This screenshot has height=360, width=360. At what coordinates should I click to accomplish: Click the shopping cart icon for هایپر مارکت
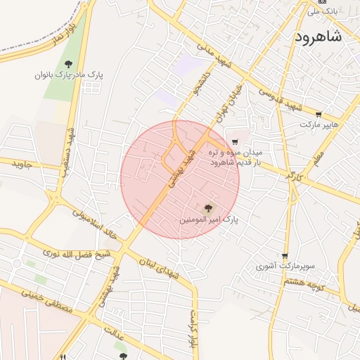(319, 115)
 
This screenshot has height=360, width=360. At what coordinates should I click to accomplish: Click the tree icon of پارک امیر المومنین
(207, 207)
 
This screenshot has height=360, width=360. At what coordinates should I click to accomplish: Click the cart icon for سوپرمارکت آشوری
(285, 256)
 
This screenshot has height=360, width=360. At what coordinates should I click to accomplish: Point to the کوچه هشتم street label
(303, 281)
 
